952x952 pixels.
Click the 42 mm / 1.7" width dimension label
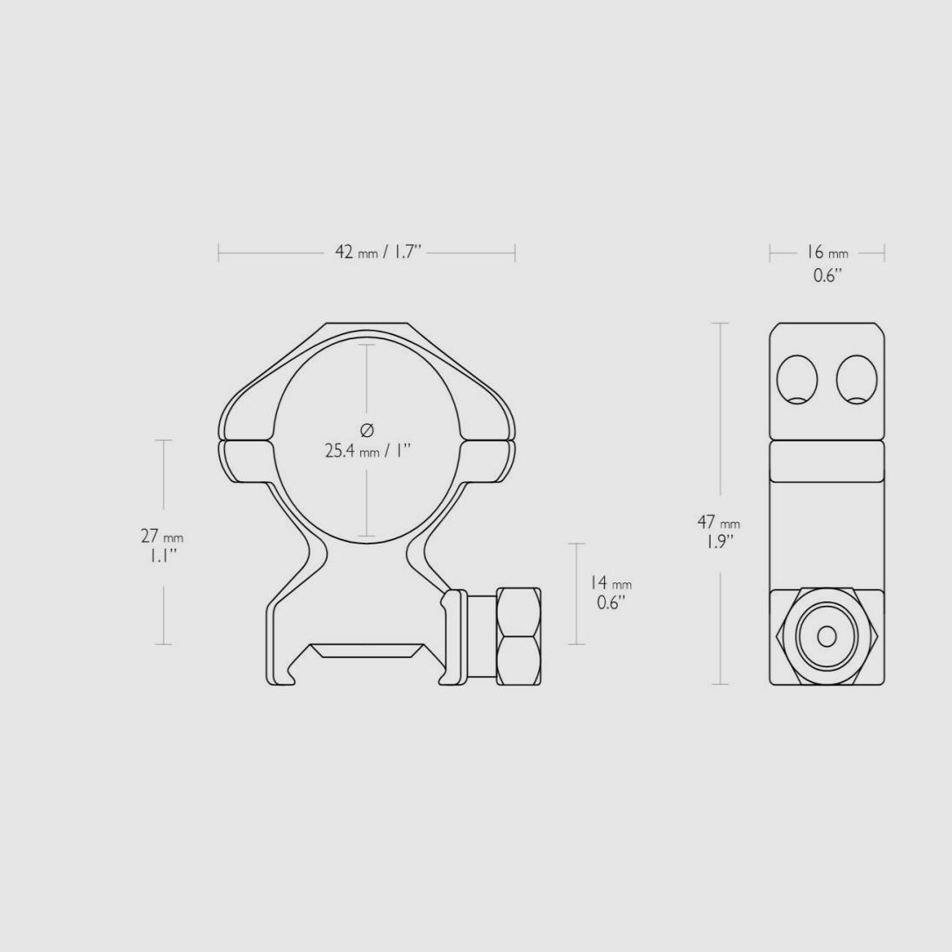click(377, 253)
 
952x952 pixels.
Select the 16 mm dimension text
click(827, 253)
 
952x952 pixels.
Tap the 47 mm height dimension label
click(718, 523)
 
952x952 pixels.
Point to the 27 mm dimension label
click(162, 537)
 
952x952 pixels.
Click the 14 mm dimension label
click(610, 584)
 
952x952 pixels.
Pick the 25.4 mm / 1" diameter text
click(367, 451)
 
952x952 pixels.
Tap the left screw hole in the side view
click(797, 379)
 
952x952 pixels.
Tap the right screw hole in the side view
click(856, 379)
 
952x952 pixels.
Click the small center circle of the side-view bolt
click(827, 637)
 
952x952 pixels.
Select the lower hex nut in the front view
click(519, 659)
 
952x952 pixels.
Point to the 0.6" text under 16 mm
click(827, 275)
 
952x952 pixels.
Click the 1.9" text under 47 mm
click(718, 541)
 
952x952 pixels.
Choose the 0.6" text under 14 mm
click(610, 602)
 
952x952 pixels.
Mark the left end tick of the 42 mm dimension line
click(219, 253)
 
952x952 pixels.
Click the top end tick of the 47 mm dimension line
click(718, 323)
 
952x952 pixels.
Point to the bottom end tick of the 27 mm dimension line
click(162, 645)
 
